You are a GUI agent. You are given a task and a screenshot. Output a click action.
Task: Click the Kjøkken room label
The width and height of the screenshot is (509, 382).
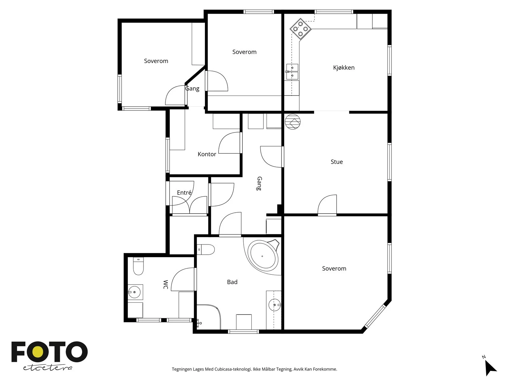[x=344, y=67]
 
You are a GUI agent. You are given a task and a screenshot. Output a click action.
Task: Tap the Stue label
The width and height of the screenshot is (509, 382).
[x=337, y=162]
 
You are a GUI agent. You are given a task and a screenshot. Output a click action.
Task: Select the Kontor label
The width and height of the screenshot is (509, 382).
[x=207, y=154]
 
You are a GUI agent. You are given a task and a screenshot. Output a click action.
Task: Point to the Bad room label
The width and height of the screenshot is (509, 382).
[x=232, y=282]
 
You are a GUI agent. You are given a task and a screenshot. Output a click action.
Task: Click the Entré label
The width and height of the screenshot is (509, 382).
[x=184, y=193]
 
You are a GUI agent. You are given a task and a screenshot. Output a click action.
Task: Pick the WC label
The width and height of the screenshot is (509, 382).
[x=165, y=285]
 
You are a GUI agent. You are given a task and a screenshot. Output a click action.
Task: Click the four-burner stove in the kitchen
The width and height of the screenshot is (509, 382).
[x=300, y=29]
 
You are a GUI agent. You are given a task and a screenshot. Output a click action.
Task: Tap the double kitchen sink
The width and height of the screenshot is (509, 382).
[x=292, y=72]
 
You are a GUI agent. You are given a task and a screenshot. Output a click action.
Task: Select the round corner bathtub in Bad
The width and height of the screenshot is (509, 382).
[x=263, y=256]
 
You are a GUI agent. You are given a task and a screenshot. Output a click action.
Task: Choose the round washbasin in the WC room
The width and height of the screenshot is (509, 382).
[x=134, y=292]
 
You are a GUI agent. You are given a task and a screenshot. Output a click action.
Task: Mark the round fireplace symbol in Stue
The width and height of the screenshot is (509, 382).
[x=293, y=122]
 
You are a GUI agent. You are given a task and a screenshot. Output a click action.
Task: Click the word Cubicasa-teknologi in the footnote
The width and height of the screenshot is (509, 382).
[x=233, y=369]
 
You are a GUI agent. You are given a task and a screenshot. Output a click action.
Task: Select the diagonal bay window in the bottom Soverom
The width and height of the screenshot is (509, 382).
[x=375, y=316]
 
